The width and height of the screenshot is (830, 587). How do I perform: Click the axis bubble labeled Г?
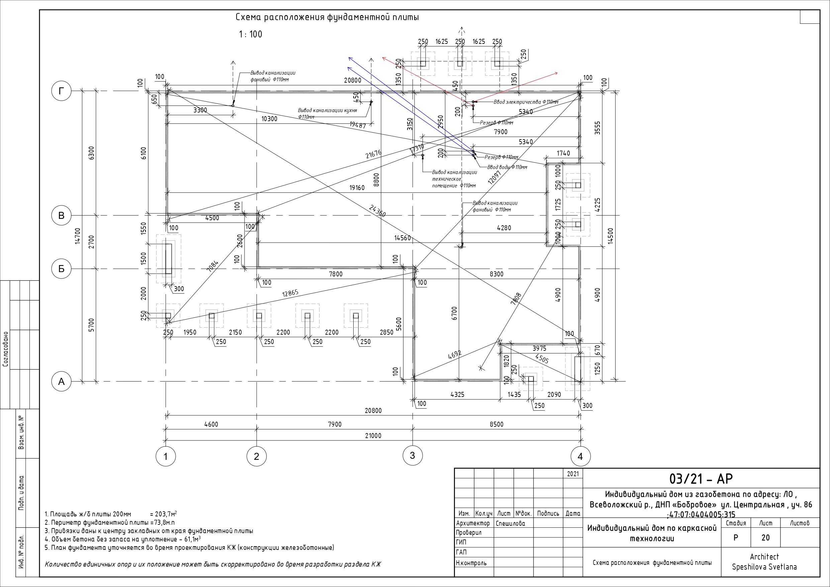[62, 91]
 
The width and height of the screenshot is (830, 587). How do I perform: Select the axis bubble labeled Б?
[62, 269]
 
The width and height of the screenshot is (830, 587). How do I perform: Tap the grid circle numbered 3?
[412, 455]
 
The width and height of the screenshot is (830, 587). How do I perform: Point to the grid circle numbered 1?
[166, 456]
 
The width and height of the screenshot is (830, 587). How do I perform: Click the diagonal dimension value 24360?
[377, 211]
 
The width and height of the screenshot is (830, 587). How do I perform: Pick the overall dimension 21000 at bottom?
[373, 435]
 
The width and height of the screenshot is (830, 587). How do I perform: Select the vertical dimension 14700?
[78, 236]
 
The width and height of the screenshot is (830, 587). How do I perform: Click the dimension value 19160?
[357, 188]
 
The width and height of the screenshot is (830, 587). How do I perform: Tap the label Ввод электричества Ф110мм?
[526, 102]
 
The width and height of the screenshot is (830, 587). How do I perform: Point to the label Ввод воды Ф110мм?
[507, 167]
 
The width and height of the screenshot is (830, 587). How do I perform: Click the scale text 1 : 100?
[251, 34]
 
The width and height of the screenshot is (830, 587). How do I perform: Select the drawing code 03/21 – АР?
[701, 479]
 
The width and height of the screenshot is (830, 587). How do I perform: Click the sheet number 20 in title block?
[765, 538]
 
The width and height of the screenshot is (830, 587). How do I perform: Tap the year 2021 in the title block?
[573, 474]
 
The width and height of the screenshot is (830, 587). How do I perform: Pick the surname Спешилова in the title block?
[511, 523]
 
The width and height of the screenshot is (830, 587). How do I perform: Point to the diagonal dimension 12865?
[290, 293]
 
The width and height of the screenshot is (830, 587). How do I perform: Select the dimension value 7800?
[336, 274]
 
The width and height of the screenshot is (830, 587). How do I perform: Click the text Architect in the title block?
[764, 557]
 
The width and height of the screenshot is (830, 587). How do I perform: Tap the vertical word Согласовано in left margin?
[5, 349]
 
